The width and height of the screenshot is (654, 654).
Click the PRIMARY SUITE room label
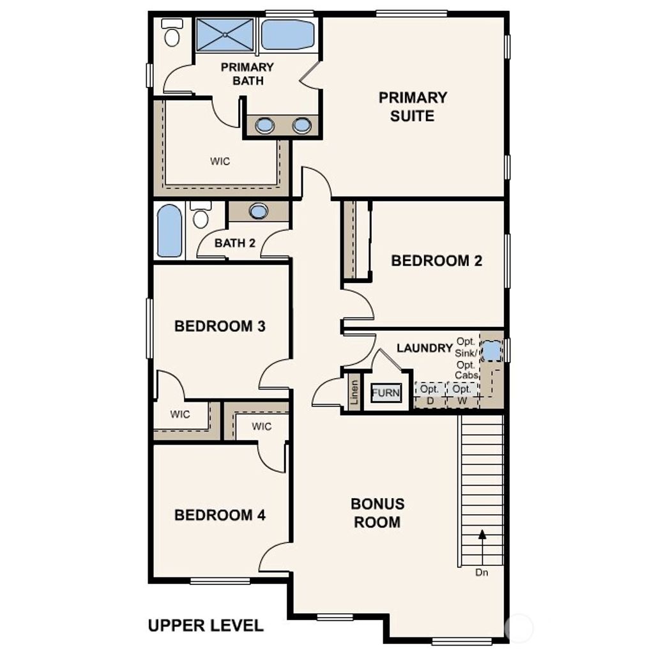413,107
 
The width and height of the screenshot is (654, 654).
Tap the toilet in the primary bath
172,33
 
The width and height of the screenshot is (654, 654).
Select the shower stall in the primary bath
225,34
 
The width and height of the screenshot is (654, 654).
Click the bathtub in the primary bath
287,34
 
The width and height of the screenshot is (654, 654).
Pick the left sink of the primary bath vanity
264,125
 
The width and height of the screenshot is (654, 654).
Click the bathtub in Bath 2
169,231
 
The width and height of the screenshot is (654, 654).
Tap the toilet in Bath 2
201,216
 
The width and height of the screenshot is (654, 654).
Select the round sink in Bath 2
259,211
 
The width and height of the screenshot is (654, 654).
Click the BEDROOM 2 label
436,261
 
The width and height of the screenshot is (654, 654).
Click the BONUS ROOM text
377,513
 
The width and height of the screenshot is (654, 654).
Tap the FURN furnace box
386,393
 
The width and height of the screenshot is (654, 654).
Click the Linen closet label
354,393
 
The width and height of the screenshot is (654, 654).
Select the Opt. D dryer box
430,394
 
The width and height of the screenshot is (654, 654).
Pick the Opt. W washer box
462,394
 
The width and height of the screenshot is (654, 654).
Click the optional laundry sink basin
490,351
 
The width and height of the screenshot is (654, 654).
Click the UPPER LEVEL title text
205,625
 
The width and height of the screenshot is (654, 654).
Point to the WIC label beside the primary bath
220,162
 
